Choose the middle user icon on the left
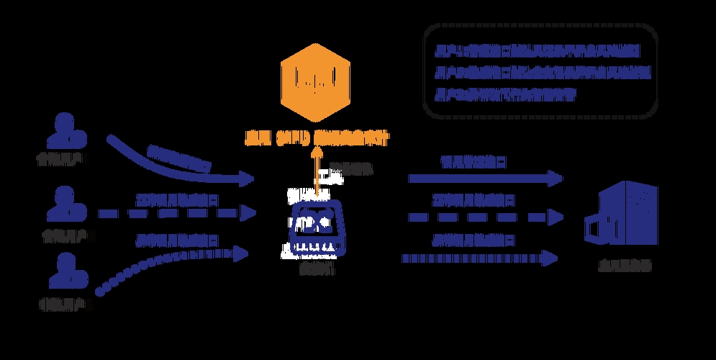[65, 204]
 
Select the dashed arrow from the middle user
[177, 213]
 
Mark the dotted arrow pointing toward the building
[479, 257]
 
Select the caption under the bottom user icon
[65, 305]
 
